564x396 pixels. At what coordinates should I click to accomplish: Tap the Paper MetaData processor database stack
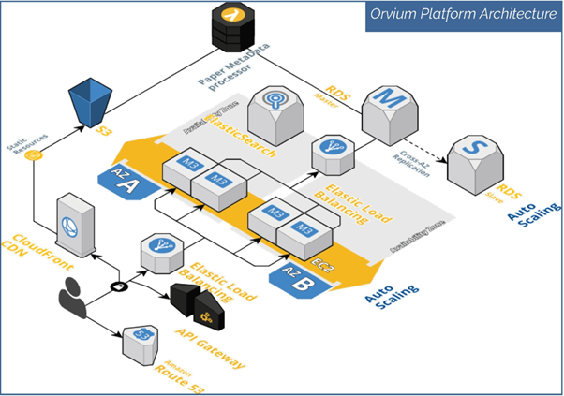[x=230, y=28]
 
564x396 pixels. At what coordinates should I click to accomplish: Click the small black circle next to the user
[x=119, y=285]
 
